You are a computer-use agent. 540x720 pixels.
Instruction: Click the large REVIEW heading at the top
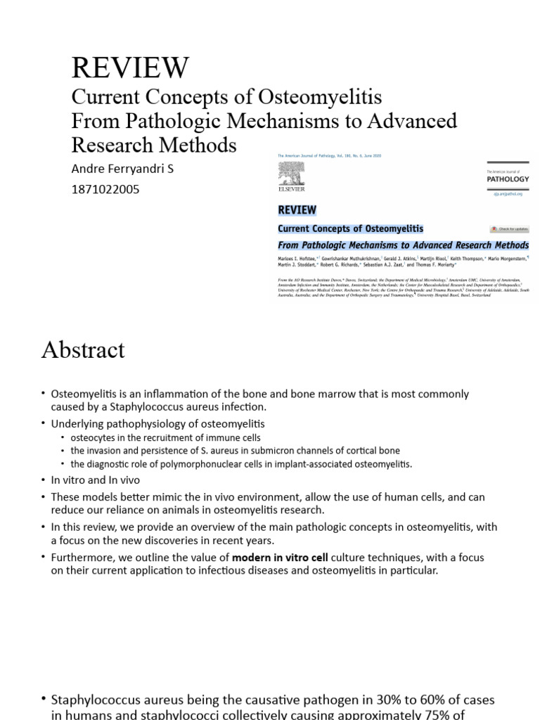[130, 67]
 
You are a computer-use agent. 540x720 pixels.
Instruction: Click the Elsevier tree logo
[292, 173]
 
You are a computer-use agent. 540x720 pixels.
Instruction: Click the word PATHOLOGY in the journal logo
[508, 179]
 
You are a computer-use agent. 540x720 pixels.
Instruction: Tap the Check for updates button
[509, 229]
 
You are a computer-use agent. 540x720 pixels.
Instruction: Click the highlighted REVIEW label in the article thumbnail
[297, 210]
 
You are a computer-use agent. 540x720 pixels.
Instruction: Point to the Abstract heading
[83, 349]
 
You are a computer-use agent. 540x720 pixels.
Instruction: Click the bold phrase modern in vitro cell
[281, 558]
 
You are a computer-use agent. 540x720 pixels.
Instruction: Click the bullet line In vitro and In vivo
[96, 480]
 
